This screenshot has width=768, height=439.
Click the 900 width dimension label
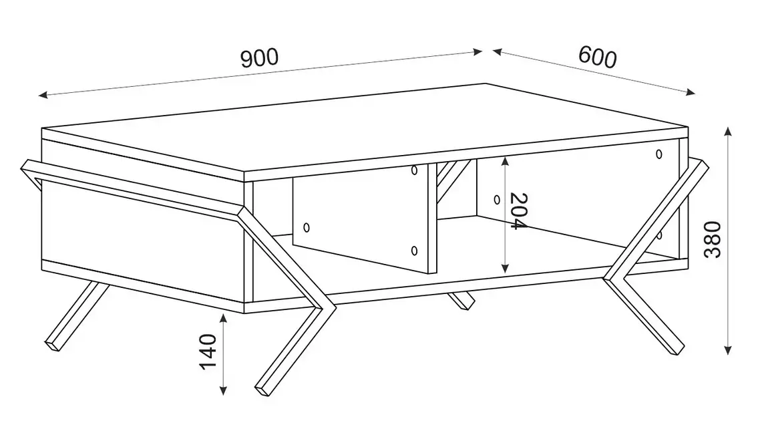click(260, 58)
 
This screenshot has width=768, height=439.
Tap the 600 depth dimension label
click(598, 57)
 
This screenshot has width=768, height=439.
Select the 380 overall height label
click(713, 240)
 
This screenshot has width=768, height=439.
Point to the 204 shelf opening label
click(518, 211)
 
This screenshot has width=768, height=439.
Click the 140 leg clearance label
click(208, 351)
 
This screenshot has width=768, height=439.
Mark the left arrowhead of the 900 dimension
click(43, 95)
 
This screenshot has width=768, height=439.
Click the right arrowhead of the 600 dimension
click(691, 92)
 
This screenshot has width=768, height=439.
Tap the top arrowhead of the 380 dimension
click(728, 132)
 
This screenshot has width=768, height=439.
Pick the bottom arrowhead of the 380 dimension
click(728, 349)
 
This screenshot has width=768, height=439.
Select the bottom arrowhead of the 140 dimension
click(223, 390)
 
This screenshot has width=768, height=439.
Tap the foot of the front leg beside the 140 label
click(262, 389)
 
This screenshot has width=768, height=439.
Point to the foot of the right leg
click(676, 348)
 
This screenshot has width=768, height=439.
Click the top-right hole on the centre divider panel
click(414, 170)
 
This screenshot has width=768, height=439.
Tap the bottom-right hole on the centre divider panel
click(414, 251)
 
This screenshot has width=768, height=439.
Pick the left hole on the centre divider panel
click(307, 228)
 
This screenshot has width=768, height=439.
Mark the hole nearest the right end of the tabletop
click(658, 154)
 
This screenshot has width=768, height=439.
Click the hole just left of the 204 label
click(497, 200)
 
